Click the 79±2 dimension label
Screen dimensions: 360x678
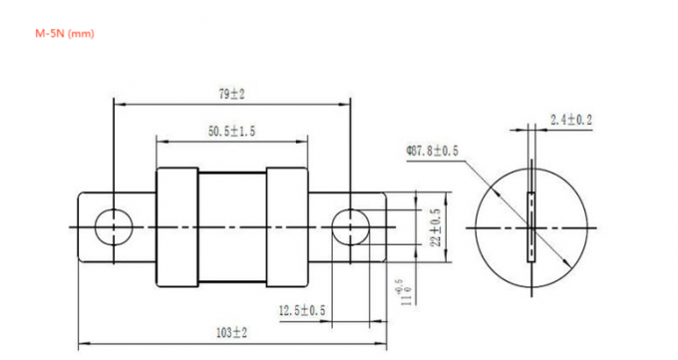pos(231,94)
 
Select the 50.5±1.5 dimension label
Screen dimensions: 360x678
pos(231,132)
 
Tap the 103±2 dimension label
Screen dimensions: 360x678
pos(231,330)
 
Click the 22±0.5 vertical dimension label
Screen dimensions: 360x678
pos(435,227)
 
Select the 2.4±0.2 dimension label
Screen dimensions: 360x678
pos(571,120)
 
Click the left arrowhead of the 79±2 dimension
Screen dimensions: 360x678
pos(119,103)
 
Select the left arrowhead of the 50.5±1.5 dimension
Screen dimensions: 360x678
pos(160,141)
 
